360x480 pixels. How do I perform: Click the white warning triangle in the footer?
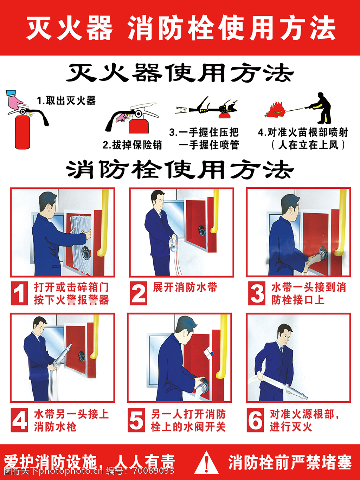click(206, 462)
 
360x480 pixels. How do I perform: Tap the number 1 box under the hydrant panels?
click(19, 293)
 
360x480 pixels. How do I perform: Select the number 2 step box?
click(139, 293)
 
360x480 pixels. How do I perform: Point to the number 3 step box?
click(257, 293)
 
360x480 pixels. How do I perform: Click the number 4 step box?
click(19, 420)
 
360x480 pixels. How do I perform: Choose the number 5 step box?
click(136, 420)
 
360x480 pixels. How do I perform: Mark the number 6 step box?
click(255, 420)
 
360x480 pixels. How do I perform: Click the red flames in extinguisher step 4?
click(275, 110)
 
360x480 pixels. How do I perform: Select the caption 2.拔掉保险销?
click(132, 145)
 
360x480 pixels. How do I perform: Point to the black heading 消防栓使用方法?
click(180, 169)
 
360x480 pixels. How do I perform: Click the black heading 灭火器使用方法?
click(180, 73)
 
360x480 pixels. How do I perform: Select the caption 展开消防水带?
click(185, 287)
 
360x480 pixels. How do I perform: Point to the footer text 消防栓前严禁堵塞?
click(290, 462)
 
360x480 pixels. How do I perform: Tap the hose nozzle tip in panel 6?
click(306, 398)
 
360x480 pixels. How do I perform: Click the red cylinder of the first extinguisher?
click(22, 132)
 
